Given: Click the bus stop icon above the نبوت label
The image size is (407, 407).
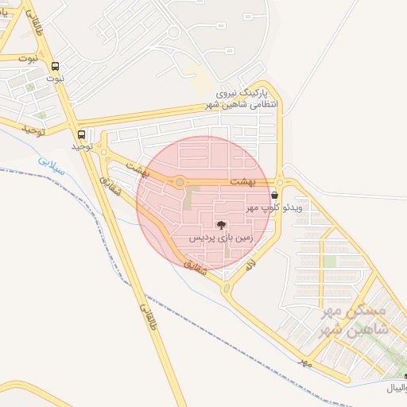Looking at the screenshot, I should (55, 68).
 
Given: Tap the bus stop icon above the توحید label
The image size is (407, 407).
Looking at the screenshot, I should (82, 134).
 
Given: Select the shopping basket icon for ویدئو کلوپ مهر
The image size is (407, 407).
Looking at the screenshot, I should (274, 195).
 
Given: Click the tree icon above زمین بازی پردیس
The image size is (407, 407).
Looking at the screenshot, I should (221, 226).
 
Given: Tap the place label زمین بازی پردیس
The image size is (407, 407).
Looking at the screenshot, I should (221, 238).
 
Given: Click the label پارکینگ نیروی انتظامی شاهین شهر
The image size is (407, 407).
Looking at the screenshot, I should (249, 99).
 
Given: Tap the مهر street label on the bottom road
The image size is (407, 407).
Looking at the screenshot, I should (303, 362).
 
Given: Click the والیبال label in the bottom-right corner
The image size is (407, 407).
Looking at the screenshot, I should (395, 388).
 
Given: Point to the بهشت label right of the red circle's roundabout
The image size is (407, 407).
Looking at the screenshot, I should (244, 182).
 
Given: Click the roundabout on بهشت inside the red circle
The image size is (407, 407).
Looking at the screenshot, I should (180, 183).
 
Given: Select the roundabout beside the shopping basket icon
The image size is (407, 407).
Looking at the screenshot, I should (280, 182).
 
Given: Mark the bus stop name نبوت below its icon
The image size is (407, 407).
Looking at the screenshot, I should (55, 79).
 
